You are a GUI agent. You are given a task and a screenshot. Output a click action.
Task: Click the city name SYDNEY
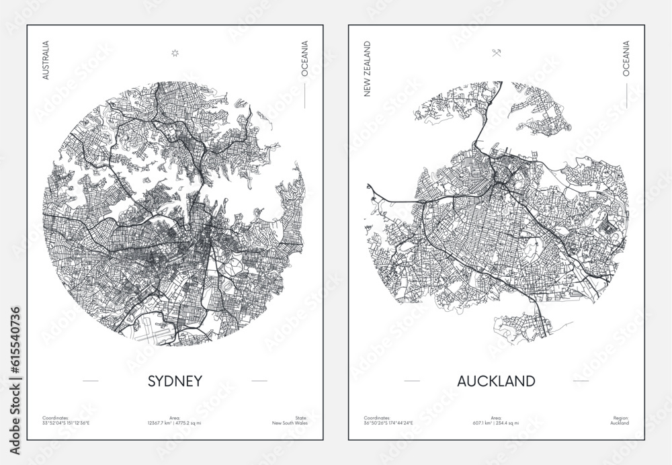174,381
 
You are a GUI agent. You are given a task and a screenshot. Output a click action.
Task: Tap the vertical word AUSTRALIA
46,60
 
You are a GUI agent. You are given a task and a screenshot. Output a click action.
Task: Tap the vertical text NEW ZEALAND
368,69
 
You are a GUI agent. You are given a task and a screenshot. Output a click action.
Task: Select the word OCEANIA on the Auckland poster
626,58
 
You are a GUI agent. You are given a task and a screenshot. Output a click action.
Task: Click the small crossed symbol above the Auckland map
496,54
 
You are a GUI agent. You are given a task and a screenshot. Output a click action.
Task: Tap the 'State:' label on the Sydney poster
300,418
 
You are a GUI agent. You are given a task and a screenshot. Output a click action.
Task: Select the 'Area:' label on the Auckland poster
496,418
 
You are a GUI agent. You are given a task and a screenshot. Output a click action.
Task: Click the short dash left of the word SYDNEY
90,381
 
